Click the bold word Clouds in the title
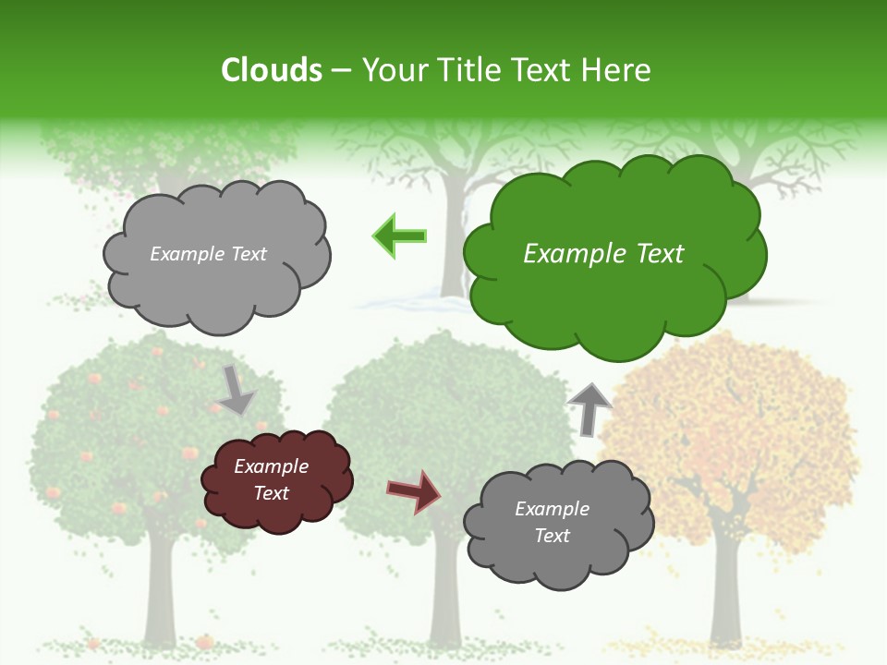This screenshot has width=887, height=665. pyautogui.click(x=271, y=70)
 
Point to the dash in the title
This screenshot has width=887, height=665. pyautogui.click(x=341, y=71)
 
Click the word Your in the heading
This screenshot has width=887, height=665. pyautogui.click(x=396, y=70)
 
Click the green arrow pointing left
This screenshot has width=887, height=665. pyautogui.click(x=399, y=236)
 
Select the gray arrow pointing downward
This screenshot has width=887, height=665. pyautogui.click(x=236, y=390)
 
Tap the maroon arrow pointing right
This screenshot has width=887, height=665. pyautogui.click(x=414, y=491)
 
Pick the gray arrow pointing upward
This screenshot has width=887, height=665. pyautogui.click(x=589, y=408)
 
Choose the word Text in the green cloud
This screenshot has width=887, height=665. pyautogui.click(x=660, y=254)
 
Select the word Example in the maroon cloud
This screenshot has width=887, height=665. pyautogui.click(x=271, y=466)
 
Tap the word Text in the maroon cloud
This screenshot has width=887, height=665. pyautogui.click(x=271, y=493)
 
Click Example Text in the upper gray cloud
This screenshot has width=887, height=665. pyautogui.click(x=208, y=254)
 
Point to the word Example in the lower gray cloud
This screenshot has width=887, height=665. pyautogui.click(x=552, y=509)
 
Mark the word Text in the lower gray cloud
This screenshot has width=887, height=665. pyautogui.click(x=552, y=536)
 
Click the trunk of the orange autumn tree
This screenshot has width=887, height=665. pyautogui.click(x=726, y=591)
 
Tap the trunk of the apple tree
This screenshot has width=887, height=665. pyautogui.click(x=160, y=591)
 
